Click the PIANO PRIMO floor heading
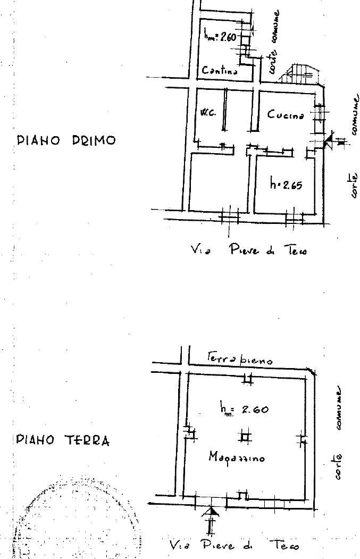[x=66, y=140]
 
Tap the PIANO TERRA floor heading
[x=63, y=440]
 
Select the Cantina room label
[x=219, y=70]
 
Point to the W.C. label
[x=208, y=113]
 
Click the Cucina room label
[x=286, y=114]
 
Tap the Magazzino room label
[x=237, y=456]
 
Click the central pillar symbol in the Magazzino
[x=245, y=436]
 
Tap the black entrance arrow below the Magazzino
[x=212, y=513]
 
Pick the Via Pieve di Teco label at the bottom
[x=234, y=545]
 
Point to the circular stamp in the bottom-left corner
[x=74, y=519]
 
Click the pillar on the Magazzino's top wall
[x=247, y=379]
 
